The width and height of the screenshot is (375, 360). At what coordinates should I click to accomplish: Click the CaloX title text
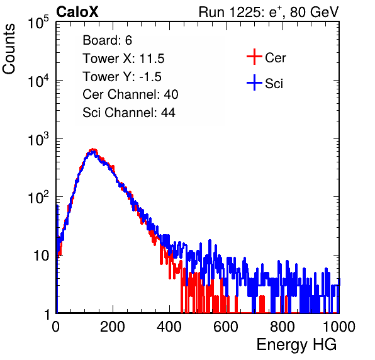point(77,12)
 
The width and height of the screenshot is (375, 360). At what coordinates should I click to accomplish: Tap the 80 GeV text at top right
point(314,12)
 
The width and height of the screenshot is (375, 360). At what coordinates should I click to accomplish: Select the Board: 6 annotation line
point(107,40)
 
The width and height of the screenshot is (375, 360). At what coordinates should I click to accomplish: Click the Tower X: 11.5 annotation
point(123,59)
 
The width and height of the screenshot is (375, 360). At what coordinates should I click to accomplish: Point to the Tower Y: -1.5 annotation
point(122,77)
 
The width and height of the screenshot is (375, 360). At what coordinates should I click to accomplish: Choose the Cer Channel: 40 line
point(130,94)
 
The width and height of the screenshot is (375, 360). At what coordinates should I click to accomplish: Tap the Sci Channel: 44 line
point(129,113)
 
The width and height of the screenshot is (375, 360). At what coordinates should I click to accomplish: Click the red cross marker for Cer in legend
point(254,57)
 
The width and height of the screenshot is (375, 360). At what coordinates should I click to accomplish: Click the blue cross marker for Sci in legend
point(254,82)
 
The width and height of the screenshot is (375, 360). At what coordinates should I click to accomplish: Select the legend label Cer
point(275,58)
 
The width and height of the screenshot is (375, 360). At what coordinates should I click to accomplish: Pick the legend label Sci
point(274,84)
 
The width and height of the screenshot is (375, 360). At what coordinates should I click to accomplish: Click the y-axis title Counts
point(9,49)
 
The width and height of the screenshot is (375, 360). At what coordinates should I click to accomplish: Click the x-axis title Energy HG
point(296,344)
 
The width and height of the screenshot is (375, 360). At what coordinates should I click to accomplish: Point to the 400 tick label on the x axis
point(169,327)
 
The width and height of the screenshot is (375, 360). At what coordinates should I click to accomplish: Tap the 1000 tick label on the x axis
point(339,327)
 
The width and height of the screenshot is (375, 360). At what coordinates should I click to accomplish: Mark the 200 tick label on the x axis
point(113,327)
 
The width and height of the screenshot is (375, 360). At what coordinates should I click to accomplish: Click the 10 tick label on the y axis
point(42,256)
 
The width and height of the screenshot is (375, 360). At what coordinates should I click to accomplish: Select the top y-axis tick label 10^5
point(38,22)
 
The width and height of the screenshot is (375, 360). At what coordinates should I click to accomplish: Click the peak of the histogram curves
point(92,150)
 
